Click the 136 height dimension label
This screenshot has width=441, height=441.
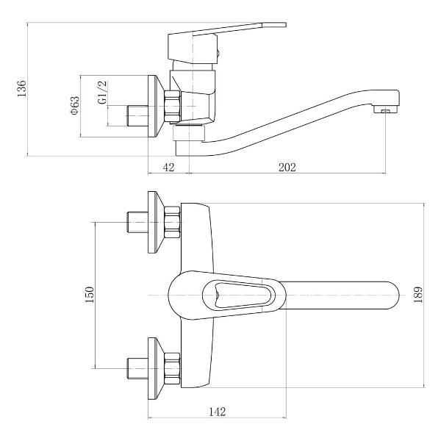(22, 88)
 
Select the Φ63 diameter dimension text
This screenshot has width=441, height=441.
(74, 107)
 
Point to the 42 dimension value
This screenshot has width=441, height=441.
(168, 168)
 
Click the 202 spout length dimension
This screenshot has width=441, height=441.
(287, 168)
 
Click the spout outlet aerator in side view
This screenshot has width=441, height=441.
(381, 110)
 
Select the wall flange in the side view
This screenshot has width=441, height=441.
(155, 107)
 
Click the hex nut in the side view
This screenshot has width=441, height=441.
(173, 107)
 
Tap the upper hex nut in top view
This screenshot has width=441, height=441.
(172, 222)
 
